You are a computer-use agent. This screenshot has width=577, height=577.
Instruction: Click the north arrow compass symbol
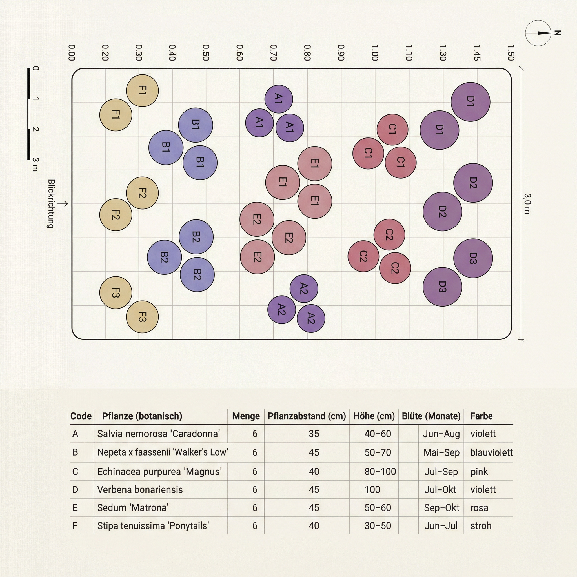pyautogui.click(x=538, y=33)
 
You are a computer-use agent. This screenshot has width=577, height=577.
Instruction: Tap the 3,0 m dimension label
pyautogui.click(x=527, y=204)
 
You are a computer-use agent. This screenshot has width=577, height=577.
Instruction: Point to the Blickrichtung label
pyautogui.click(x=51, y=204)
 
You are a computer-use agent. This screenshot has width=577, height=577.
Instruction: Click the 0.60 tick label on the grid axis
pyautogui.click(x=239, y=53)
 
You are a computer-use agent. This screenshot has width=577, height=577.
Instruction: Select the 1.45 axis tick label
pyautogui.click(x=477, y=53)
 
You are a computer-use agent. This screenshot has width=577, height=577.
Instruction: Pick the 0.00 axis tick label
pyautogui.click(x=71, y=53)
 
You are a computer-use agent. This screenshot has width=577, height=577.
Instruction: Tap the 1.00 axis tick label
pyautogui.click(x=375, y=53)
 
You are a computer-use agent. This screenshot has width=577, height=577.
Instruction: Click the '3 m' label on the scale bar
pyautogui.click(x=35, y=165)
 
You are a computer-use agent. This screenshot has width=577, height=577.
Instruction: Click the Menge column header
pyautogui.click(x=246, y=416)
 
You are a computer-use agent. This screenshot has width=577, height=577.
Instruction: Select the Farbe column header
pyautogui.click(x=481, y=416)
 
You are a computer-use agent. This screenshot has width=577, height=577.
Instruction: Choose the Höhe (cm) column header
pyautogui.click(x=374, y=416)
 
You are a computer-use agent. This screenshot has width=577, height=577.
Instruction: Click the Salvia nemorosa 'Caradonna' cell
pyautogui.click(x=159, y=434)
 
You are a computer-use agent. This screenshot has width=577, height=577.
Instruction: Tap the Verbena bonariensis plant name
pyautogui.click(x=140, y=489)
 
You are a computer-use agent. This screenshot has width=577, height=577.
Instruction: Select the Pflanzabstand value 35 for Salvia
pyautogui.click(x=314, y=434)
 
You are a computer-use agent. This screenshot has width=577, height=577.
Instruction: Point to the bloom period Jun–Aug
pyautogui.click(x=441, y=434)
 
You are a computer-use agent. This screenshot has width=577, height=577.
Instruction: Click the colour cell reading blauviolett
pyautogui.click(x=491, y=452)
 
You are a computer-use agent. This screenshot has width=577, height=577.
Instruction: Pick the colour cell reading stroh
pyautogui.click(x=481, y=526)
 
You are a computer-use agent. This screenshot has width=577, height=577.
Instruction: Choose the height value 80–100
pyautogui.click(x=380, y=472)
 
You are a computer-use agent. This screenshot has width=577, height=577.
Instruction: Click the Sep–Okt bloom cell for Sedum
pyautogui.click(x=442, y=508)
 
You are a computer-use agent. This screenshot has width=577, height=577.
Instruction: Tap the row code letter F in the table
pyautogui.click(x=75, y=526)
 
